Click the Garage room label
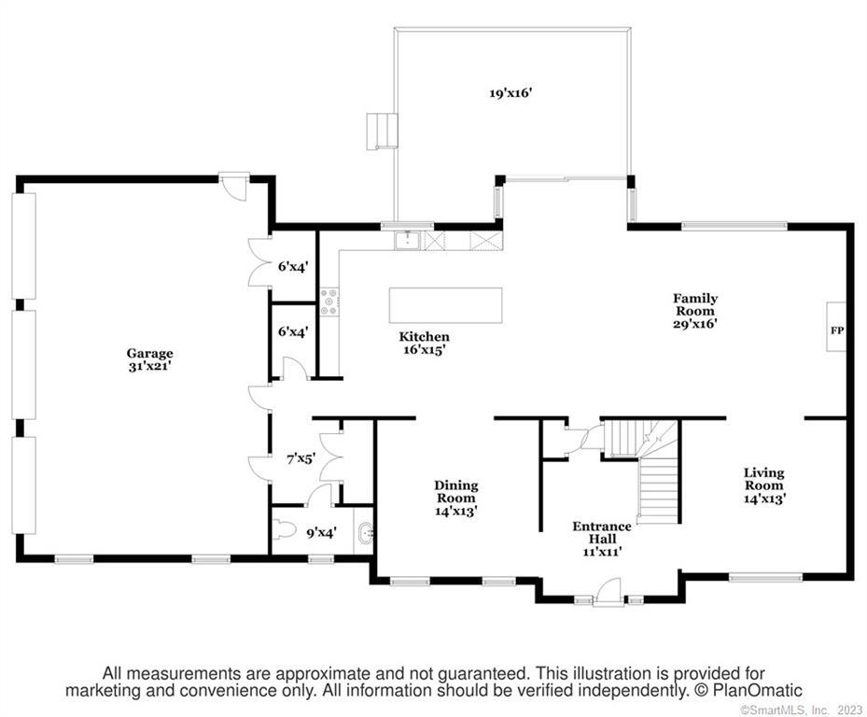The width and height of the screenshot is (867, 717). coord(150,359)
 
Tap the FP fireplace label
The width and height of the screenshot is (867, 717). coord(837,330)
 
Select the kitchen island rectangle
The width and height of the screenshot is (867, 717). coord(446,305)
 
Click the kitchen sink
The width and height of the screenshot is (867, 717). coord(408,241)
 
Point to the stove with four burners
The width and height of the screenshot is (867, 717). coord(330,302)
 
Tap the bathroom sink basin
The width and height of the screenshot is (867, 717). coord(367,533)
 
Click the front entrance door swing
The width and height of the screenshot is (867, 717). coord(609,591)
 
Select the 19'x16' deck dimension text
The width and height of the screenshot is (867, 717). coord(510,93)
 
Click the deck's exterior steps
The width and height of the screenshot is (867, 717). coord(382,131)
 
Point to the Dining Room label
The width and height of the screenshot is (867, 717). coord(456,498)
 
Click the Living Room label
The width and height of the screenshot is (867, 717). coord(764,485)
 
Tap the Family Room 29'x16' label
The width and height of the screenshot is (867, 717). coord(695,311)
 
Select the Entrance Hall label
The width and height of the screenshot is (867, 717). coord(602,539)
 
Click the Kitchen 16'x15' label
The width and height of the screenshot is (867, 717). coord(424,343)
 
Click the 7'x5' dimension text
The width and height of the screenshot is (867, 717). coord(301,458)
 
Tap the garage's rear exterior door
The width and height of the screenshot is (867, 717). coord(234,186)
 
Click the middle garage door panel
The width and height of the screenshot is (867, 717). coord(23,364)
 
